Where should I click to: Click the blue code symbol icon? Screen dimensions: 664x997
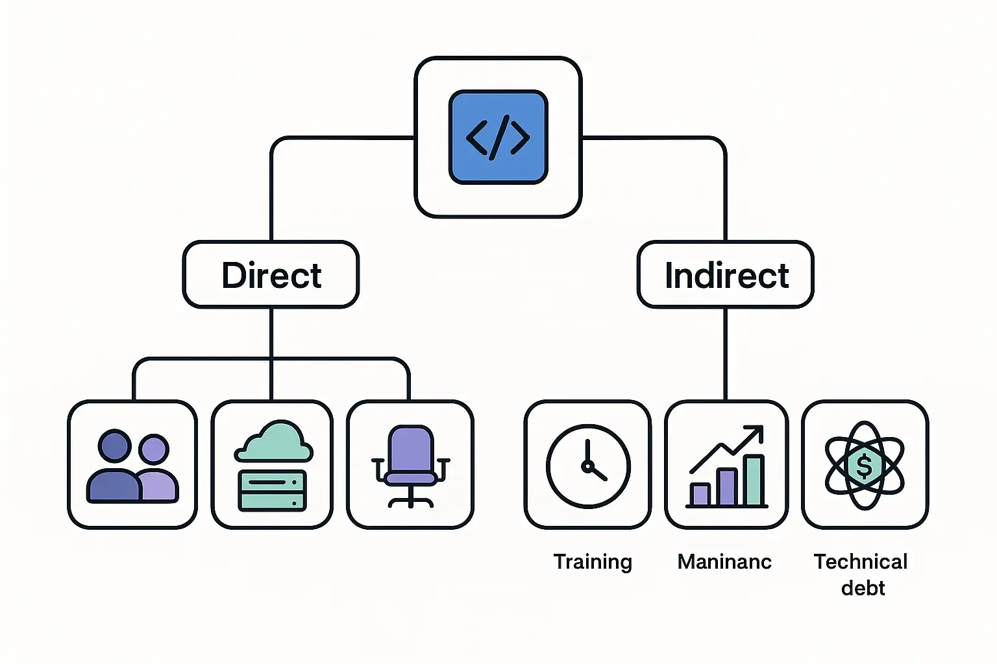coord(498,137)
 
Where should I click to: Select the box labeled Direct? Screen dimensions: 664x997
coord(271,275)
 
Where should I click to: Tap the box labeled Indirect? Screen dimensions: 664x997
coord(725,275)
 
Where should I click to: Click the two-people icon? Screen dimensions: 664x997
coord(132,466)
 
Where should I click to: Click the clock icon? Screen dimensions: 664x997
coord(587,465)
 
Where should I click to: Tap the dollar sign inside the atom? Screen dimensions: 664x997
coord(864,466)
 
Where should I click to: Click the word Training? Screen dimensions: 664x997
coord(592,562)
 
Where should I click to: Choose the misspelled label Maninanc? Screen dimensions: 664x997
coord(724,562)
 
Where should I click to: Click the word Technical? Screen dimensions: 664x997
coord(861,562)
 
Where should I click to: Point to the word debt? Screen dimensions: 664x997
coord(863,588)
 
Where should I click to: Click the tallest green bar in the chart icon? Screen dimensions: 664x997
coord(754,480)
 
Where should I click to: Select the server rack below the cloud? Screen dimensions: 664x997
coord(272,491)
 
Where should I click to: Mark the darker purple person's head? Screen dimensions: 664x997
coord(115,446)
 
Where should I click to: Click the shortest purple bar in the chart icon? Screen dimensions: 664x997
coord(700,494)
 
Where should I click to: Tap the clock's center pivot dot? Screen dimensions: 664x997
coord(587,466)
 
